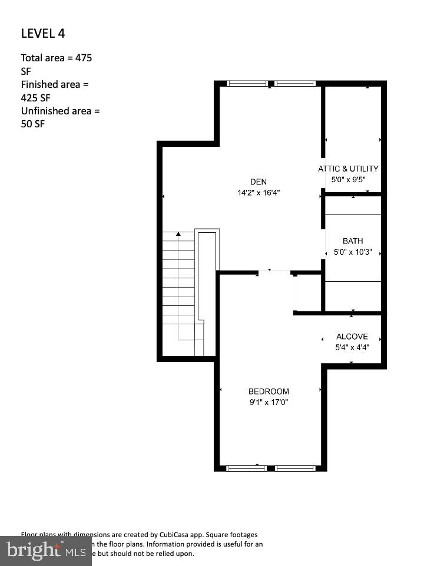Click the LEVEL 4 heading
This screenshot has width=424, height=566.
[43, 33]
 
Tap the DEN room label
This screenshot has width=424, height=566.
[259, 182]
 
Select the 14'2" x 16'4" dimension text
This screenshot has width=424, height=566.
[259, 193]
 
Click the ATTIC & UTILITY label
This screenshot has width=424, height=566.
[348, 169]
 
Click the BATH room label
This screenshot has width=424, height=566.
[353, 241]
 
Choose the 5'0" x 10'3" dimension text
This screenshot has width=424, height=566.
[353, 252]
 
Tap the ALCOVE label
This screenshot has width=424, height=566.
[352, 337]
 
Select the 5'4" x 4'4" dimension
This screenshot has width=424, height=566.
[352, 347]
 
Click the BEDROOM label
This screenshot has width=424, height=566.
[269, 391]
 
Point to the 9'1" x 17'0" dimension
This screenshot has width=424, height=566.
[269, 402]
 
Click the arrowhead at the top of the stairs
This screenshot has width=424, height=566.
[178, 234]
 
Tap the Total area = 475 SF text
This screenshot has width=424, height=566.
[56, 64]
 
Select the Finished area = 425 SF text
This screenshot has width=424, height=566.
[54, 91]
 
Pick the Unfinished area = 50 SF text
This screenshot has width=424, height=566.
[60, 117]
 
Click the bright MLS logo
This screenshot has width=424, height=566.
[45, 551]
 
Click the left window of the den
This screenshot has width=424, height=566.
[247, 84]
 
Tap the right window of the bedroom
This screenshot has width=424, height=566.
[295, 468]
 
